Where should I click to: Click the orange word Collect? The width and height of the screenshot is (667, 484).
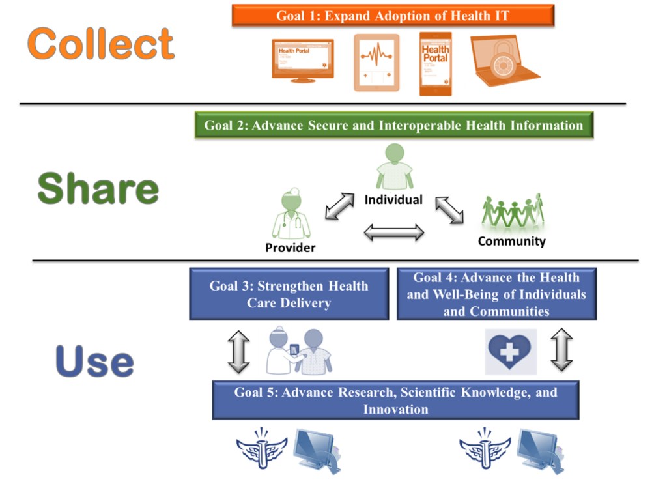[x=101, y=44]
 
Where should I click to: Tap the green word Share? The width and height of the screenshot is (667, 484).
[x=98, y=189]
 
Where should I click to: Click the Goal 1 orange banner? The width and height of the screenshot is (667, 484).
[x=393, y=16]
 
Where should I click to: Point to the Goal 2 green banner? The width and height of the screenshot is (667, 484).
[x=394, y=125]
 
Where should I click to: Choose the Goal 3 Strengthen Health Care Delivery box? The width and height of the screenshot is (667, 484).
[x=289, y=294]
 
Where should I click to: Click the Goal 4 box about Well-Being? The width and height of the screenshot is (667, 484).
[x=496, y=294]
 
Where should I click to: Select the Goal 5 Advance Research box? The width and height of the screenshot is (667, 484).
[x=395, y=400]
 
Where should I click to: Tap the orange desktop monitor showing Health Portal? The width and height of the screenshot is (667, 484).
[x=302, y=61]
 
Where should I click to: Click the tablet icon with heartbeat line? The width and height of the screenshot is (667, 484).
[x=376, y=63]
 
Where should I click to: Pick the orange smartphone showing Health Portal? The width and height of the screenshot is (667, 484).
[x=435, y=63]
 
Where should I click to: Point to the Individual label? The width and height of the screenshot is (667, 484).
[x=393, y=199]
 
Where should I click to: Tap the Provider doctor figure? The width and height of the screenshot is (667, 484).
[x=291, y=215]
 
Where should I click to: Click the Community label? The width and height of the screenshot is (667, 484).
[x=511, y=241]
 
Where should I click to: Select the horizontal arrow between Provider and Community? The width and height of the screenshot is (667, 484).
[x=393, y=232]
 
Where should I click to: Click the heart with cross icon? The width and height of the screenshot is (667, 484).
[x=511, y=352]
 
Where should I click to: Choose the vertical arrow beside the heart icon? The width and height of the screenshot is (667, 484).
[x=561, y=350]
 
